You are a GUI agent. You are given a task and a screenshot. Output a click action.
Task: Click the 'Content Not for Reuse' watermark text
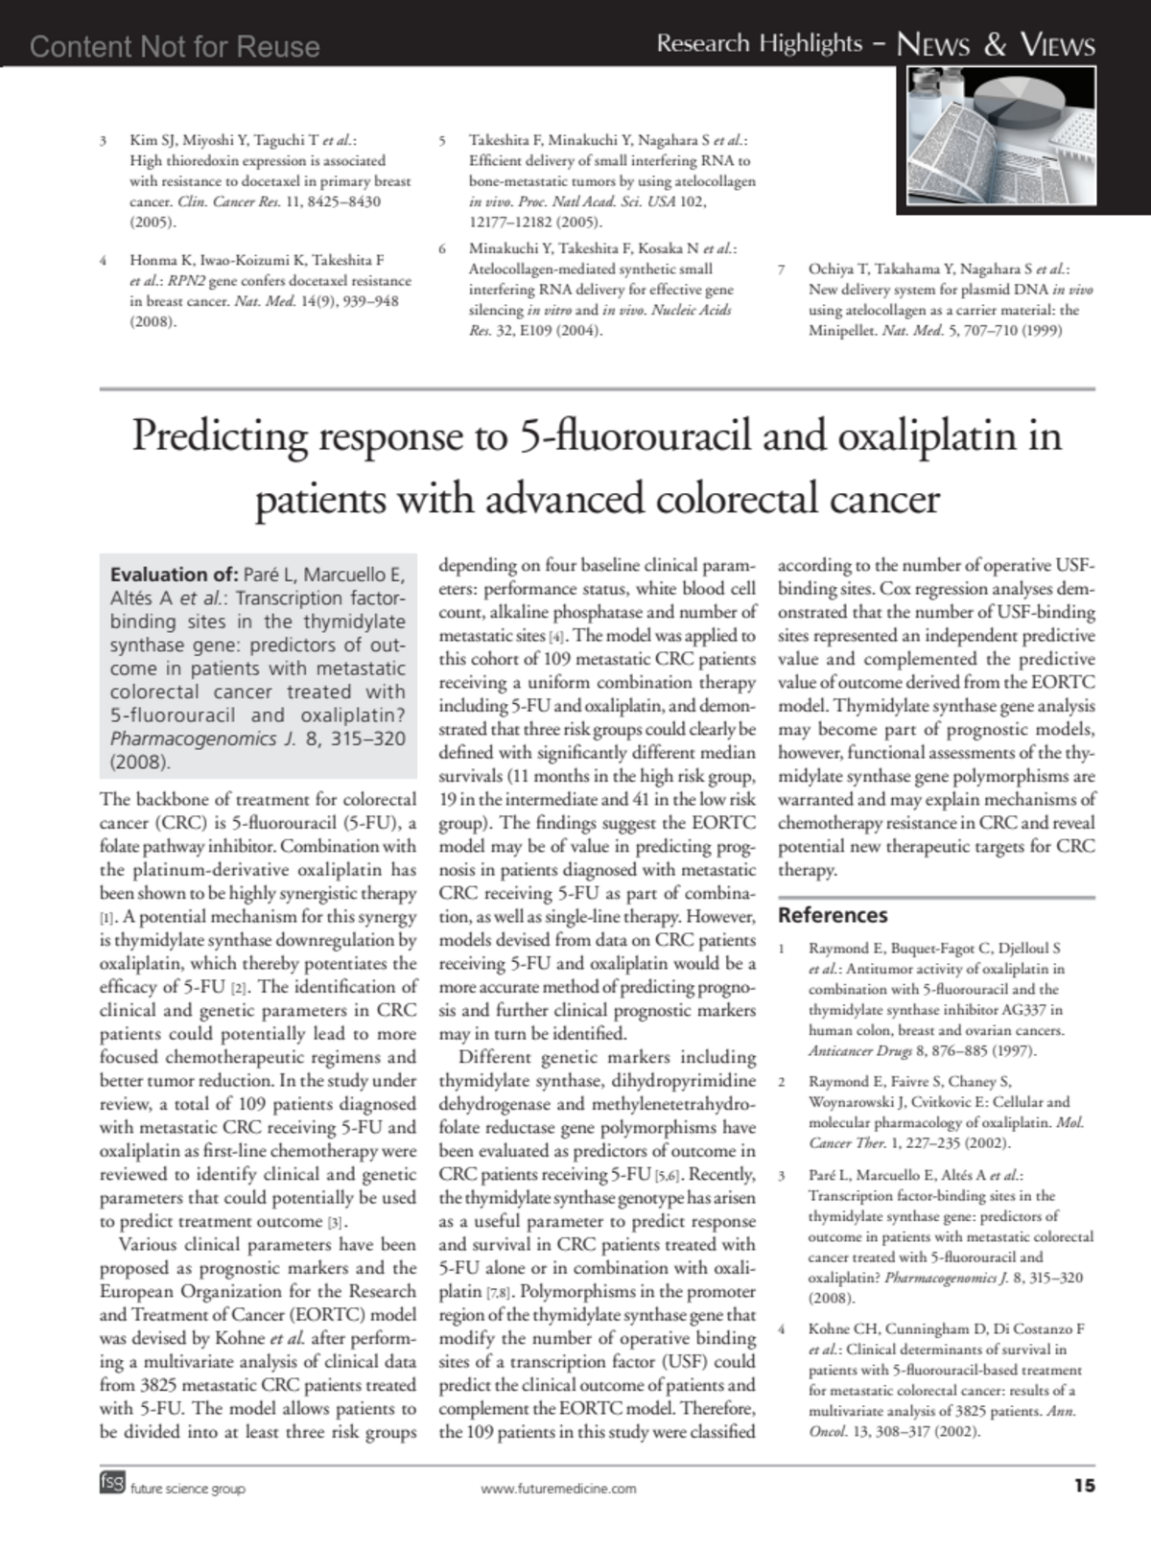[175, 46]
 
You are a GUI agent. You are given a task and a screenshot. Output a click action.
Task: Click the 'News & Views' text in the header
[995, 44]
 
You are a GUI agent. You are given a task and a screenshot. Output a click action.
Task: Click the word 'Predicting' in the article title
[219, 436]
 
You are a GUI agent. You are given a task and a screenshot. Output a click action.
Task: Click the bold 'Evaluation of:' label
[174, 575]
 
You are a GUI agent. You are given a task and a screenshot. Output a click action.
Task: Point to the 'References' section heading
[833, 915]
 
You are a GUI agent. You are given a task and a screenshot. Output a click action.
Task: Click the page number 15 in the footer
[1084, 1486]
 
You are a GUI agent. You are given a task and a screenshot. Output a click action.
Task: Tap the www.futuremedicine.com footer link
[558, 1489]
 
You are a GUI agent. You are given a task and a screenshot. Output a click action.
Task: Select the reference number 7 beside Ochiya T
[783, 270]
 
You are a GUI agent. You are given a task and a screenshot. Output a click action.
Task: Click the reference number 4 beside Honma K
[104, 260]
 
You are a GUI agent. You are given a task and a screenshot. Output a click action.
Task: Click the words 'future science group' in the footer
[188, 1489]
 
